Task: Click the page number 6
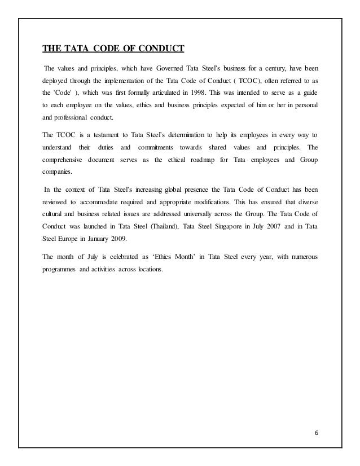pos(316,433)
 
